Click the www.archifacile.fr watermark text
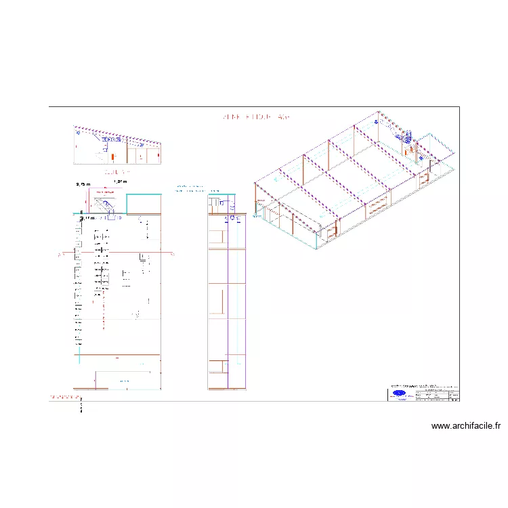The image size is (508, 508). click(466, 426)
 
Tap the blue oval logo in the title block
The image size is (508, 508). click(400, 394)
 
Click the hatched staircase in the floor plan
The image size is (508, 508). click(106, 205)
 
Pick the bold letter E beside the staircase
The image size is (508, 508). click(81, 213)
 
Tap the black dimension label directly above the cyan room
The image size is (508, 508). click(121, 182)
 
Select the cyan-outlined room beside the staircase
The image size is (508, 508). click(143, 204)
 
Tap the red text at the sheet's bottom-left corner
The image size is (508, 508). click(65, 396)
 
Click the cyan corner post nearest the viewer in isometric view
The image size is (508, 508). click(317, 240)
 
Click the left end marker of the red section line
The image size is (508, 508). click(60, 255)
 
